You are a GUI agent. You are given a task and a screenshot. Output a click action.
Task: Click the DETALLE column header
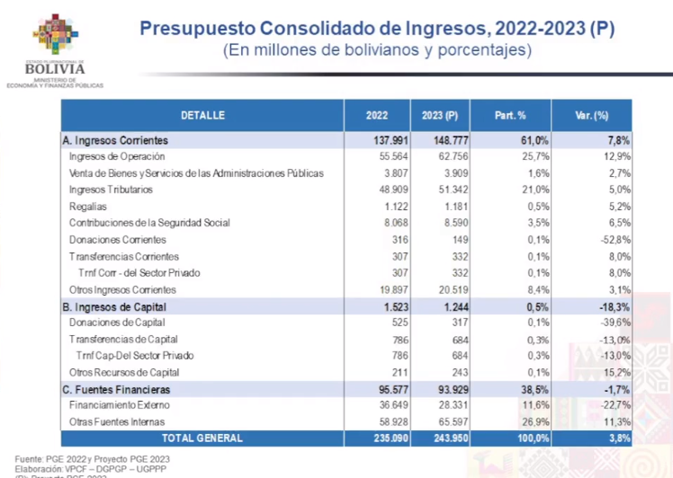pyautogui.click(x=202, y=115)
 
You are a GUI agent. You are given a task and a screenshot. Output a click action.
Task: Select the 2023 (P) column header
pyautogui.click(x=440, y=115)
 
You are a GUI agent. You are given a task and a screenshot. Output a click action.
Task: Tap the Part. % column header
pyautogui.click(x=510, y=115)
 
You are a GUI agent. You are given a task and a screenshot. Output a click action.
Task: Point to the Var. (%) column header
pyautogui.click(x=592, y=115)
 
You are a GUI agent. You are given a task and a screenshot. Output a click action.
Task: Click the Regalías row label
pyautogui.click(x=88, y=206)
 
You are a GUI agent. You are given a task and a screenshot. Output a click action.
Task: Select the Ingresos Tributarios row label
pyautogui.click(x=111, y=190)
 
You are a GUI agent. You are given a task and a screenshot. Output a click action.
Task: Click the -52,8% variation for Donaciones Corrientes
pyautogui.click(x=613, y=240)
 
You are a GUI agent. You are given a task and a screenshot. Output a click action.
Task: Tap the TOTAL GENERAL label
pyautogui.click(x=202, y=438)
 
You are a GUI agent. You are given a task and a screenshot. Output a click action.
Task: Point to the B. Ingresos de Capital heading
pyautogui.click(x=116, y=306)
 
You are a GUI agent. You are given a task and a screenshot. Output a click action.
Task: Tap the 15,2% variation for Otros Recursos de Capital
pyautogui.click(x=615, y=372)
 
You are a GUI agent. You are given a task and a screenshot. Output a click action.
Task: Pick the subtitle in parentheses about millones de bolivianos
pyautogui.click(x=377, y=51)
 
